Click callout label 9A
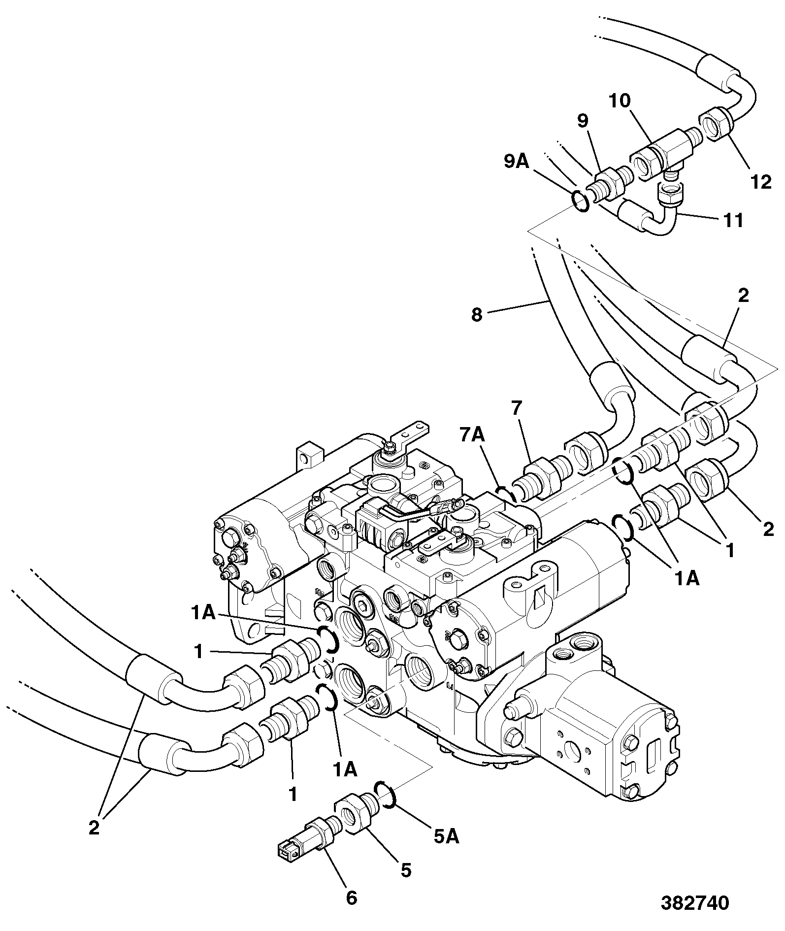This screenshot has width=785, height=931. (516, 161)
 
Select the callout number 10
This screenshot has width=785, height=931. (619, 101)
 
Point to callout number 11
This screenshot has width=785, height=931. (733, 220)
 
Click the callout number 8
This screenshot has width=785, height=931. (476, 314)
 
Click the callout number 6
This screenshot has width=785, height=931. (351, 898)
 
